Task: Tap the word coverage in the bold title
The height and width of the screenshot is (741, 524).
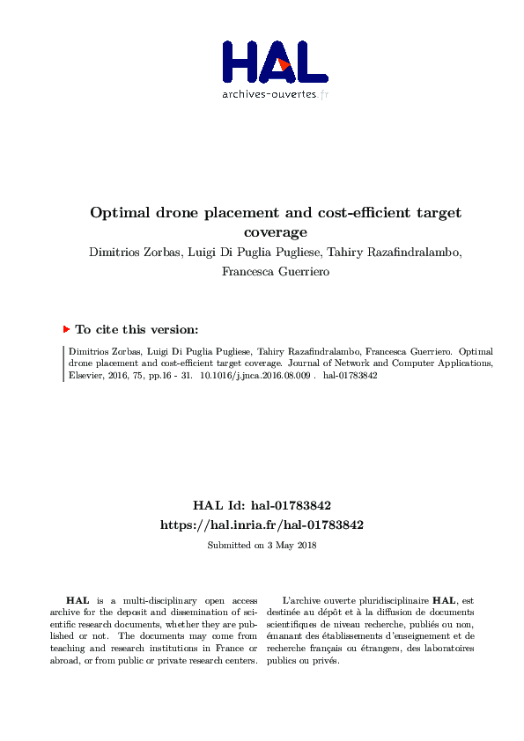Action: click(276, 232)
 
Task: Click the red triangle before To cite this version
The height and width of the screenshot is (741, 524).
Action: click(66, 329)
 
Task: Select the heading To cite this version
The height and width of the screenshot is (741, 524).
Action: click(137, 329)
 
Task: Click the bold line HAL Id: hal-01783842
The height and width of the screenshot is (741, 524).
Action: click(262, 506)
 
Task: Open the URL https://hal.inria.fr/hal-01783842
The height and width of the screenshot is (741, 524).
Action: click(262, 524)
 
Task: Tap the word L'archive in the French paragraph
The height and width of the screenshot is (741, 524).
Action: click(302, 599)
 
